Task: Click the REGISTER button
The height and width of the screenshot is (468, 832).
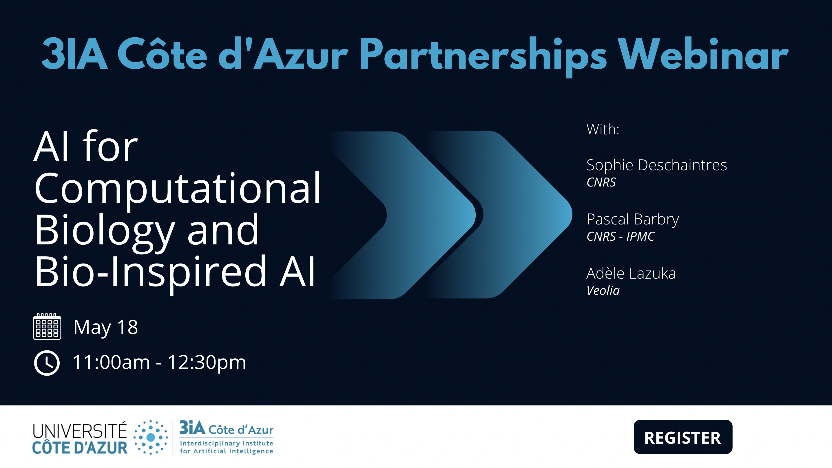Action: tap(683, 437)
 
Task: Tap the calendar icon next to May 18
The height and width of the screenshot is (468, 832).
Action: tap(47, 326)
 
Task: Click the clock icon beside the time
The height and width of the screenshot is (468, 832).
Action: tap(47, 363)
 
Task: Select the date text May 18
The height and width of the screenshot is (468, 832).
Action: tap(106, 328)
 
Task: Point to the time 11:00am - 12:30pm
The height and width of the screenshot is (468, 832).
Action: tap(159, 362)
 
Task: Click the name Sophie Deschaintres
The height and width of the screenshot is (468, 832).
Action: tap(657, 165)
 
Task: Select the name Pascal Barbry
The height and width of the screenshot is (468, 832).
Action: tap(633, 220)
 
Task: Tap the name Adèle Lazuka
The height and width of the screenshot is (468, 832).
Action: tap(631, 273)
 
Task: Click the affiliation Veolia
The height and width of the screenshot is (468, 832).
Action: tap(603, 290)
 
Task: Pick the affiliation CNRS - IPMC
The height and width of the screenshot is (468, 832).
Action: tap(621, 236)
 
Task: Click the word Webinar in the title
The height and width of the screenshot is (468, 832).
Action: tap(703, 54)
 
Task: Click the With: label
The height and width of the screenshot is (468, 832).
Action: tap(603, 129)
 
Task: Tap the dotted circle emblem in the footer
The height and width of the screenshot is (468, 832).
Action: tap(151, 437)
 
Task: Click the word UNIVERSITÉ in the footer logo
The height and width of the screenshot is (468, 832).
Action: tap(80, 431)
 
